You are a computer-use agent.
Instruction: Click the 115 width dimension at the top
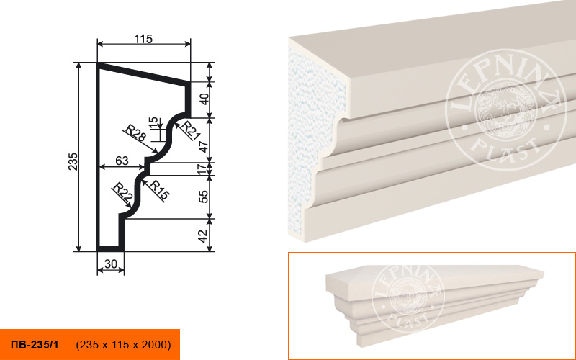[143, 39]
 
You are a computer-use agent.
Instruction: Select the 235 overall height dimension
[73, 161]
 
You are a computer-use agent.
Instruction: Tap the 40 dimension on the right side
[204, 99]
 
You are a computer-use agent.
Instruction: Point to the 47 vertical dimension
[204, 146]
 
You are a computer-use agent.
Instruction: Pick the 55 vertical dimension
[204, 197]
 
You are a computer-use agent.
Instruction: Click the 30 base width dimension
[111, 264]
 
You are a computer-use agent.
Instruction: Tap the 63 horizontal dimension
[122, 161]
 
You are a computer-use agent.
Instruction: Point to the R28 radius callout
[135, 133]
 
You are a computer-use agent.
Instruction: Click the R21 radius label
[191, 130]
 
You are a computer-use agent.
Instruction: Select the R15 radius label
[159, 189]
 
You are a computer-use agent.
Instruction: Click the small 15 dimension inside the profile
[153, 122]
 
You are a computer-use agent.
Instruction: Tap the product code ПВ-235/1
[35, 345]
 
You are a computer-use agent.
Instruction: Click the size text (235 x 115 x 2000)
[123, 345]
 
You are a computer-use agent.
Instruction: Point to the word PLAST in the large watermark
[506, 148]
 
